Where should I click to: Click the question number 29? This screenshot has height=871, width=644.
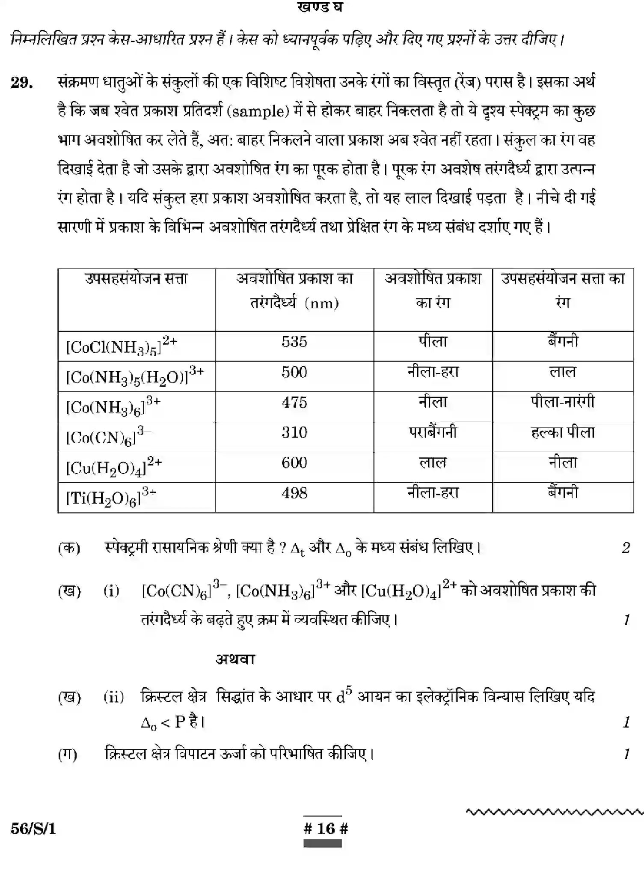pos(22,82)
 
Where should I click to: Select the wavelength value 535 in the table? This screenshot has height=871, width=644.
pos(294,342)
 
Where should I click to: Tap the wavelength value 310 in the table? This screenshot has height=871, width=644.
pos(294,433)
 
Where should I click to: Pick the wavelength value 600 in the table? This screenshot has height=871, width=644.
pos(294,463)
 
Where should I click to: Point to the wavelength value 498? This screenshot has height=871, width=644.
pos(294,493)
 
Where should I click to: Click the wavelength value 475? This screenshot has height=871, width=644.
pos(294,403)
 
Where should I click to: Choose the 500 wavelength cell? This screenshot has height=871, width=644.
pos(294,372)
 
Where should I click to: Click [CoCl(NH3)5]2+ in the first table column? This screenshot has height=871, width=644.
pos(122,345)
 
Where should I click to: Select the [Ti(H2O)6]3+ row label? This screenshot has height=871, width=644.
pos(111,497)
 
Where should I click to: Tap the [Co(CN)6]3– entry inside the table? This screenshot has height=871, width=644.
pos(109,436)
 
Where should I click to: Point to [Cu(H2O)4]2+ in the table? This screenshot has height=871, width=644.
pos(114,467)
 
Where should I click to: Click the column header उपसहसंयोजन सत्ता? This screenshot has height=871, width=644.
pos(137,279)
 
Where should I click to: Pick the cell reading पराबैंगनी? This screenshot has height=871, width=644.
pos(433,432)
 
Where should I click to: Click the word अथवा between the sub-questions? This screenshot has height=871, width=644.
pos(235,659)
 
